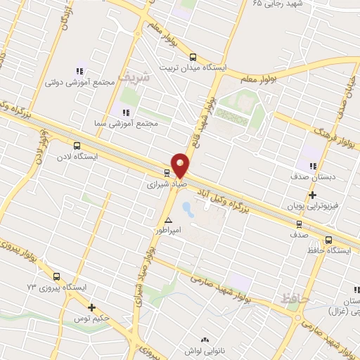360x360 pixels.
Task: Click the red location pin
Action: coord(181,165)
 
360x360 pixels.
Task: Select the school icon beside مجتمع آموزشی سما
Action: coord(126,112)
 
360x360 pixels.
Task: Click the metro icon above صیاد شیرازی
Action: coord(167,173)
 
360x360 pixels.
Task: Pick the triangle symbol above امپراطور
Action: coord(168,220)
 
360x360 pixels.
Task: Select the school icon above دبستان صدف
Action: coord(312,165)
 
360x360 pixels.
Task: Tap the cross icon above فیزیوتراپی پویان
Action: coord(313,195)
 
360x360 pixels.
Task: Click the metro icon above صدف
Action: coord(299,224)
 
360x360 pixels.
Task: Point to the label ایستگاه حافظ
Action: coord(330,250)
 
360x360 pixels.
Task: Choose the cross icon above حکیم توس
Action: coord(91,307)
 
